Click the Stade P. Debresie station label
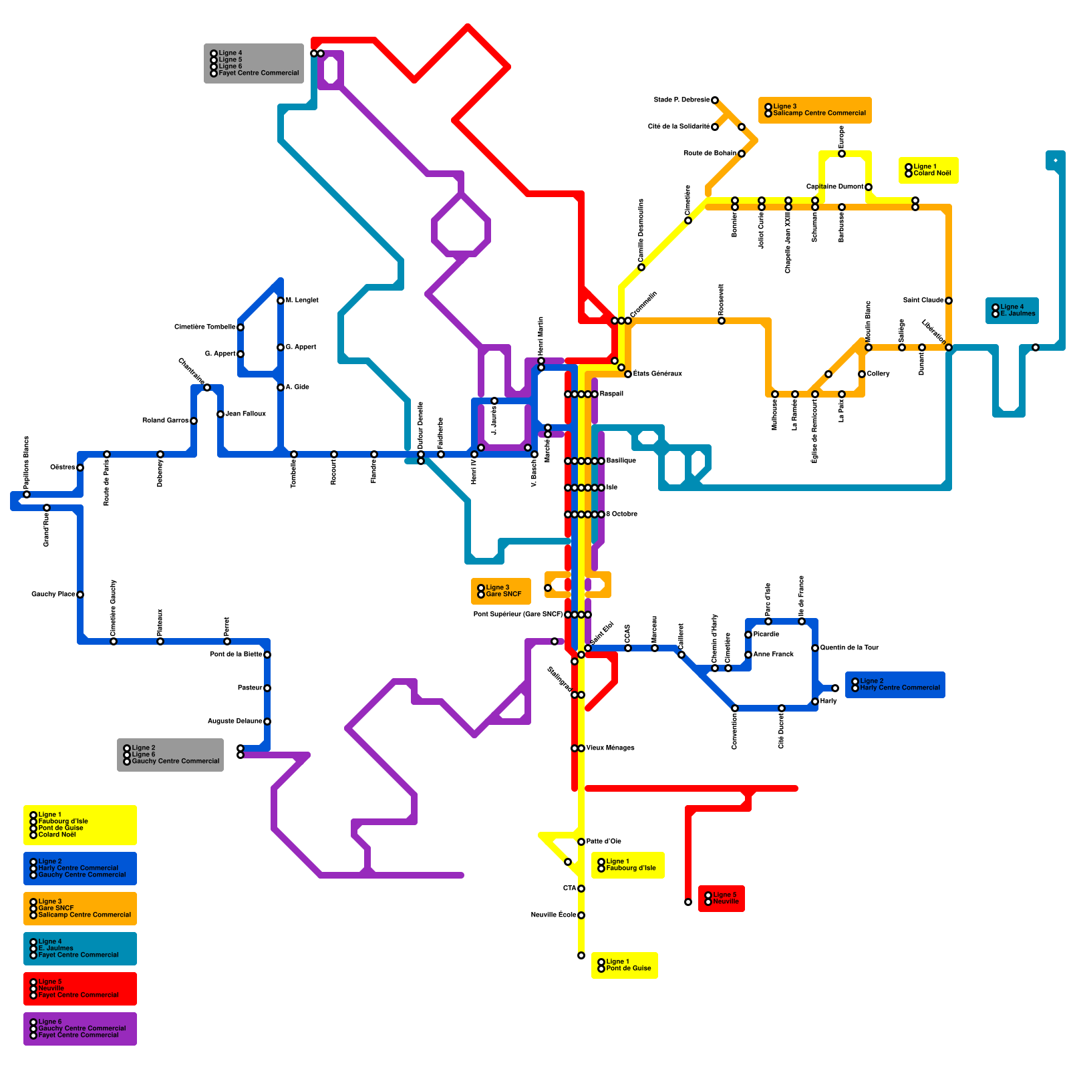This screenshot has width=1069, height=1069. click(681, 100)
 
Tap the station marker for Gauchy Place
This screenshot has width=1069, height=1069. click(80, 595)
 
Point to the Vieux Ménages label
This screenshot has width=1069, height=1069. click(610, 748)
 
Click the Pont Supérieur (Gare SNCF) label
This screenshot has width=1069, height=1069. click(518, 615)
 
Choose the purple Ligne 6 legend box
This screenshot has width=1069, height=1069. click(80, 1028)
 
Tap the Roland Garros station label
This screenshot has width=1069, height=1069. click(165, 421)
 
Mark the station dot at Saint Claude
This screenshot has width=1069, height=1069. click(949, 301)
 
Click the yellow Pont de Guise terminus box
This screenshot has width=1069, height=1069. click(624, 965)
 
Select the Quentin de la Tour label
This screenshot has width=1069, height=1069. click(849, 648)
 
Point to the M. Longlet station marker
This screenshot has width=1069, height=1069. click(281, 301)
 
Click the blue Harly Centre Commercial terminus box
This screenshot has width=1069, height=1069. click(895, 685)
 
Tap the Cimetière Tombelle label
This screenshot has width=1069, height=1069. click(204, 327)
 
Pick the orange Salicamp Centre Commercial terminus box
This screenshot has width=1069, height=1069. click(814, 110)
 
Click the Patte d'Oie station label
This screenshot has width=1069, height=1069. click(603, 842)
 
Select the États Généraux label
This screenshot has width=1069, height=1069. click(657, 374)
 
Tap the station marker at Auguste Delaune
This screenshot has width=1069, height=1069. click(267, 722)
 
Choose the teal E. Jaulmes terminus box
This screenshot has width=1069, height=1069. click(1012, 311)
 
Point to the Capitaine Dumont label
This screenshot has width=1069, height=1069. click(834, 187)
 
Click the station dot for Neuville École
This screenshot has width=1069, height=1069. click(581, 915)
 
